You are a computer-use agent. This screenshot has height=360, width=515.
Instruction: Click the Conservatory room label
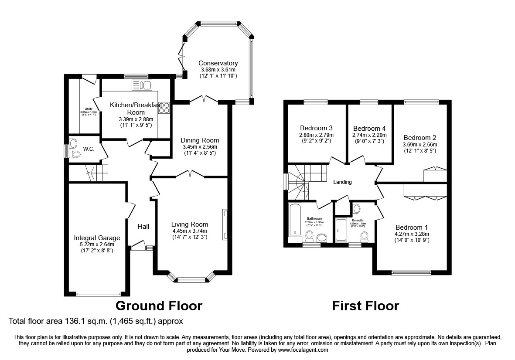coord(218,63)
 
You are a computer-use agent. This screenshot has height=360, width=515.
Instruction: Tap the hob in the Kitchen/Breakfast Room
coord(164,107)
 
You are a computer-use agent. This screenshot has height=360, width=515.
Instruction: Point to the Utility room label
coord(89,109)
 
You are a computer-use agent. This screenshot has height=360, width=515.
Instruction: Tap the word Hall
coord(143,226)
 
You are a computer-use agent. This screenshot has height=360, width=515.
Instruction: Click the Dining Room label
coord(201,140)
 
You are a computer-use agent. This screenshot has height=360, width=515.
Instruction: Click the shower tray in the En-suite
coord(341,230)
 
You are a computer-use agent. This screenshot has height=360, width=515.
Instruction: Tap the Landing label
coord(342,182)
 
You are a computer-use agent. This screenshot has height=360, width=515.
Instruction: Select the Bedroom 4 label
coord(369,129)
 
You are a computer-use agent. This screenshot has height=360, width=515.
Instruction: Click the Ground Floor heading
coord(159,306)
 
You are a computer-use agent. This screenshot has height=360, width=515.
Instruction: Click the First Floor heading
coord(365,306)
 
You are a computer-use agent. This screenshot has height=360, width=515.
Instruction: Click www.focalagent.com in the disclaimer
coord(303,350)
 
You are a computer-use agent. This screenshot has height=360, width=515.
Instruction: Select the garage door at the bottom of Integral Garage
coord(98,295)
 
